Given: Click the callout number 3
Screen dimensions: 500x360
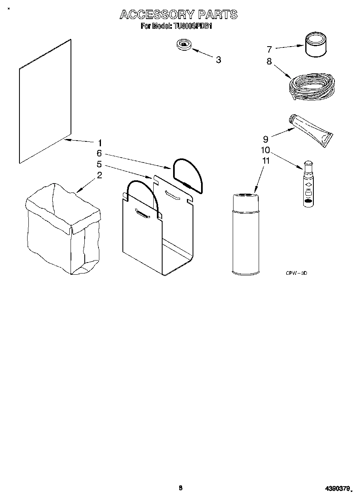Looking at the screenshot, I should (x=219, y=60).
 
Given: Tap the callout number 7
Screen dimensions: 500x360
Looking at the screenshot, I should (x=269, y=49).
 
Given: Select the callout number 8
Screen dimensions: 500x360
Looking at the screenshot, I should (x=269, y=62).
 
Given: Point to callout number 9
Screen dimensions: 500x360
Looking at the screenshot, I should (x=266, y=139).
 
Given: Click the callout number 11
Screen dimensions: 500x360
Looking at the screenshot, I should (x=266, y=161).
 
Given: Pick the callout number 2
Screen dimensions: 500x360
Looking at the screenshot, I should (x=99, y=175).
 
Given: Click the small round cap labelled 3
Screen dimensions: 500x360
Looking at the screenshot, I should (x=185, y=45).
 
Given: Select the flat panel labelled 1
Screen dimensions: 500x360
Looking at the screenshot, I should (x=45, y=101).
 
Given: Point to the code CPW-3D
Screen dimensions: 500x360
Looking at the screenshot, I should (x=297, y=274).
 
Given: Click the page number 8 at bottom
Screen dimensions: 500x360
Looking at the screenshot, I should (x=180, y=488).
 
